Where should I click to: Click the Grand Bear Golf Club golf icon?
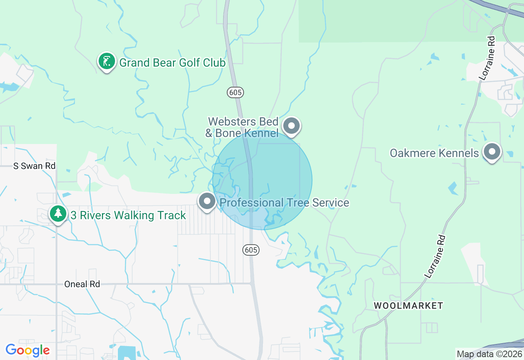[x=107, y=62]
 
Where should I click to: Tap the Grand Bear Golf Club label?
[x=172, y=63]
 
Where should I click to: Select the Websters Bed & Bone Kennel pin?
[x=291, y=126]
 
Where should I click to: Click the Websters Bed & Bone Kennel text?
[x=243, y=127]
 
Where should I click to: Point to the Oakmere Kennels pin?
[x=492, y=152]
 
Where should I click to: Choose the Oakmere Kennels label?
[x=434, y=153]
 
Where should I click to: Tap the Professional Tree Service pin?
[x=207, y=201]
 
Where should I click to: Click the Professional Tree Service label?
[x=285, y=202]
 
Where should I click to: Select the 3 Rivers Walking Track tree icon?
[x=59, y=214]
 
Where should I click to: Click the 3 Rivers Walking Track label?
[x=128, y=215]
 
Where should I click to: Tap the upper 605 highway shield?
[x=235, y=92]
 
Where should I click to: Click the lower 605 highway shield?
[x=251, y=250]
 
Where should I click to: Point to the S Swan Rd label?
[x=34, y=166]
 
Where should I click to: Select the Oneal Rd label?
[x=82, y=284]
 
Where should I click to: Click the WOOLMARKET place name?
[x=409, y=306]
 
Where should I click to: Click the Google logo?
[x=27, y=350]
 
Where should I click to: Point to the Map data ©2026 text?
[x=489, y=354]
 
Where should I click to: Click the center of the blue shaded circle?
[x=262, y=180]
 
